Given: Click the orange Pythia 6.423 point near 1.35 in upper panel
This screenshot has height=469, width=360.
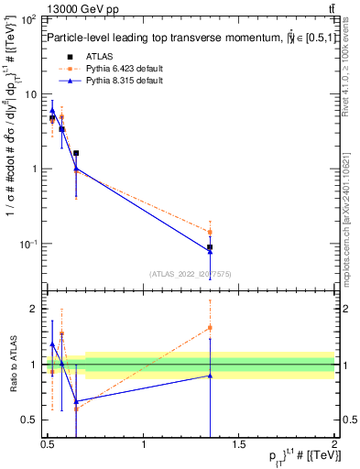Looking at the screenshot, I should point(211,232).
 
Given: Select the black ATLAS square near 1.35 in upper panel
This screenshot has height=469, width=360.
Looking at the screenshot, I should point(211,247).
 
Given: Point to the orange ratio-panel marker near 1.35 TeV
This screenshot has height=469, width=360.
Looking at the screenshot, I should point(211,327).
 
